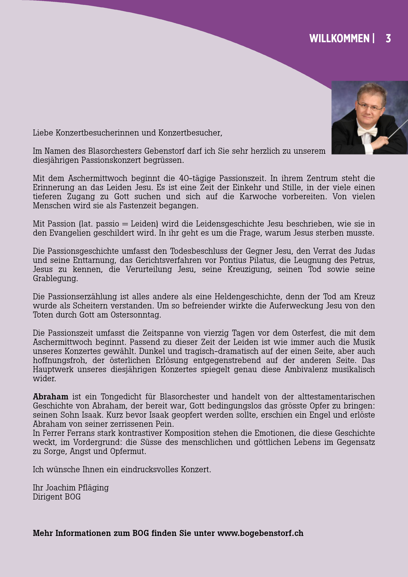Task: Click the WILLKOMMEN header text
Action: pyautogui.click(x=339, y=38)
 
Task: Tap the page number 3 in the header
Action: pyautogui.click(x=388, y=38)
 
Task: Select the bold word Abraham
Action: pyautogui.click(x=50, y=397)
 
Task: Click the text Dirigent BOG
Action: pyautogui.click(x=56, y=497)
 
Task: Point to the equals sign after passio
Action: pyautogui.click(x=125, y=224)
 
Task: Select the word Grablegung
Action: pyautogui.click(x=55, y=278)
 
